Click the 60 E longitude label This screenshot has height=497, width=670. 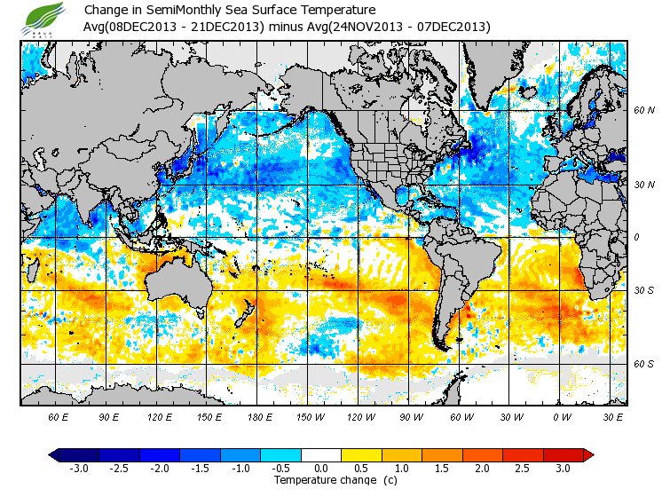59,416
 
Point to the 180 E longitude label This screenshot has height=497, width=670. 259,416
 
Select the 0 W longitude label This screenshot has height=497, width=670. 561,416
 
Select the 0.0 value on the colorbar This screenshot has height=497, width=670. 321,468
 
